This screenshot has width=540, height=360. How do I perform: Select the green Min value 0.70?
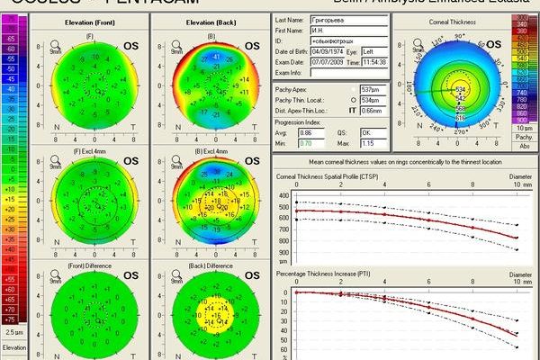coord(305,142)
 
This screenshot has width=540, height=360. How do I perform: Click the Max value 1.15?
coord(367,142)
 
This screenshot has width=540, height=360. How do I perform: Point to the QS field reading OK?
coord(367,131)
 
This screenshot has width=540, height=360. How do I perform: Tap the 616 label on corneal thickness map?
coord(461,118)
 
